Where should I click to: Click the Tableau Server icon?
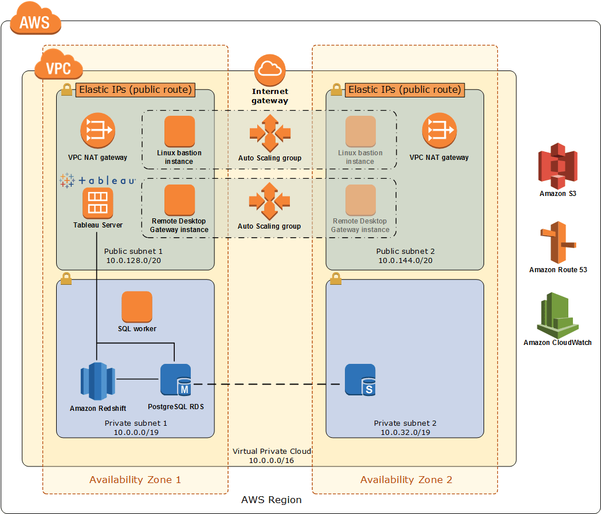point(97,203)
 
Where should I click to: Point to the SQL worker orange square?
point(137,307)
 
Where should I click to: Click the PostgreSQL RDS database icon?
point(175,380)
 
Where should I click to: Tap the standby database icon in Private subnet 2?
point(360,380)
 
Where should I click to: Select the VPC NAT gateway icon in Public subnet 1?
point(97,130)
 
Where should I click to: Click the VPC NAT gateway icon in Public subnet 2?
point(439,130)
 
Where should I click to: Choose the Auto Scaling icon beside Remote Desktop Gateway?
point(269,201)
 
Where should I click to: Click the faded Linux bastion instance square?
point(360,131)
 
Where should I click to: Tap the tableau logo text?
point(98,181)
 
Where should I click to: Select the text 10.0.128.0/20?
point(133,261)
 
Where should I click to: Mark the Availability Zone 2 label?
point(406,480)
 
